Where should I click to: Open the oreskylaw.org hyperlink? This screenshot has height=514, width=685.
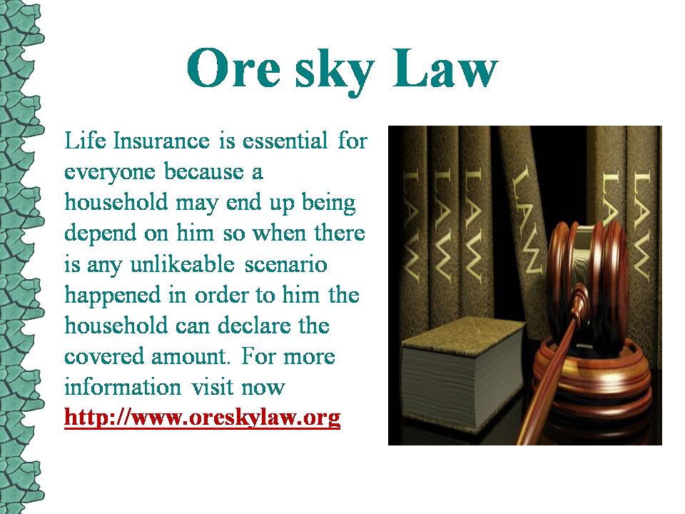point(202,418)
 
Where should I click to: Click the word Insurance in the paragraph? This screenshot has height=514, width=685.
point(161,141)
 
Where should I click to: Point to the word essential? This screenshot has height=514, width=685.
point(285,141)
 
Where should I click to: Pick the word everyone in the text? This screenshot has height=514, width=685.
point(110,172)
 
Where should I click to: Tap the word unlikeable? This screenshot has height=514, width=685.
point(183,263)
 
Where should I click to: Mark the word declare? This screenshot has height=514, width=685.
point(254,326)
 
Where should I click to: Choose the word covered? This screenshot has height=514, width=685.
point(105,357)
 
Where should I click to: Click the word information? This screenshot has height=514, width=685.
point(123,387)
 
